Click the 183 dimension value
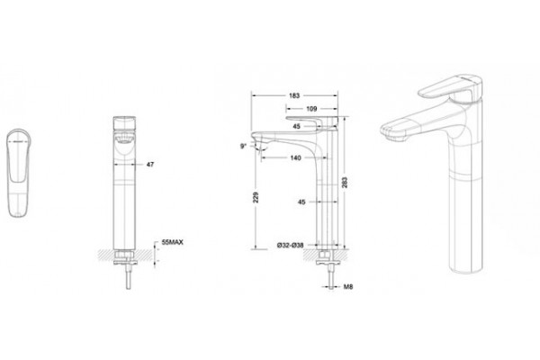click(294, 95)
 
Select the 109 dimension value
click(311, 109)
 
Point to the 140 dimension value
click(295, 157)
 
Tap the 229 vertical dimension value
click(256, 197)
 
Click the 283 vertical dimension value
click(345, 182)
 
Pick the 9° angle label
click(243, 146)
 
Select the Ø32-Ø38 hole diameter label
click(291, 246)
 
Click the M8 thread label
click(348, 286)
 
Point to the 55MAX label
click(172, 242)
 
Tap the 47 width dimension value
click(150, 165)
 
